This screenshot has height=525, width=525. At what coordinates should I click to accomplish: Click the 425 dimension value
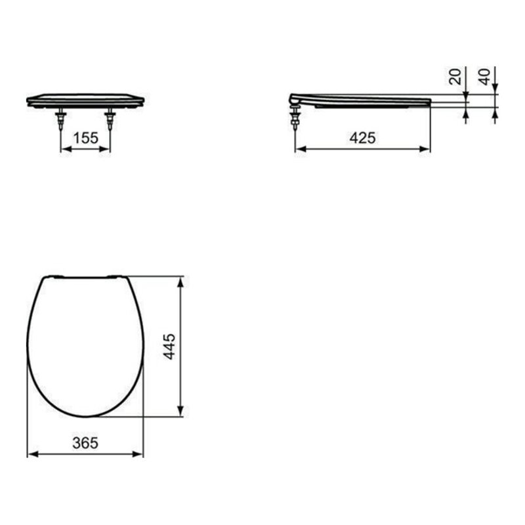(x=362, y=138)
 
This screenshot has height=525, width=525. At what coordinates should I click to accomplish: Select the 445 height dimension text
(x=169, y=346)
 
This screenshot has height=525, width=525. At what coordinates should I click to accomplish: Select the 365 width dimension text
(x=85, y=443)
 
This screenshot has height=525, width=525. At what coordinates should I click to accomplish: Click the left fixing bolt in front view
(x=61, y=117)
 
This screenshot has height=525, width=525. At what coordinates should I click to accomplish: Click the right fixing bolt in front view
(x=110, y=117)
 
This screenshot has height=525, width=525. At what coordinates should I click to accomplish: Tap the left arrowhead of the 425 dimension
(x=299, y=149)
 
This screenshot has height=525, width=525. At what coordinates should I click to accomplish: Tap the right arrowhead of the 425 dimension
(x=427, y=149)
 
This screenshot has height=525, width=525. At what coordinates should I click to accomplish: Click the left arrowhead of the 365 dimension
(x=31, y=453)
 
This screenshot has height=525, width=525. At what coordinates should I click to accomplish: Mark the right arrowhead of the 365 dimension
(x=139, y=453)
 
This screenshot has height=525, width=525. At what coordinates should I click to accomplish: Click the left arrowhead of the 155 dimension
(x=64, y=149)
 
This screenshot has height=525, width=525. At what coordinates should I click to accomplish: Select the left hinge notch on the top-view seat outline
(x=56, y=276)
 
